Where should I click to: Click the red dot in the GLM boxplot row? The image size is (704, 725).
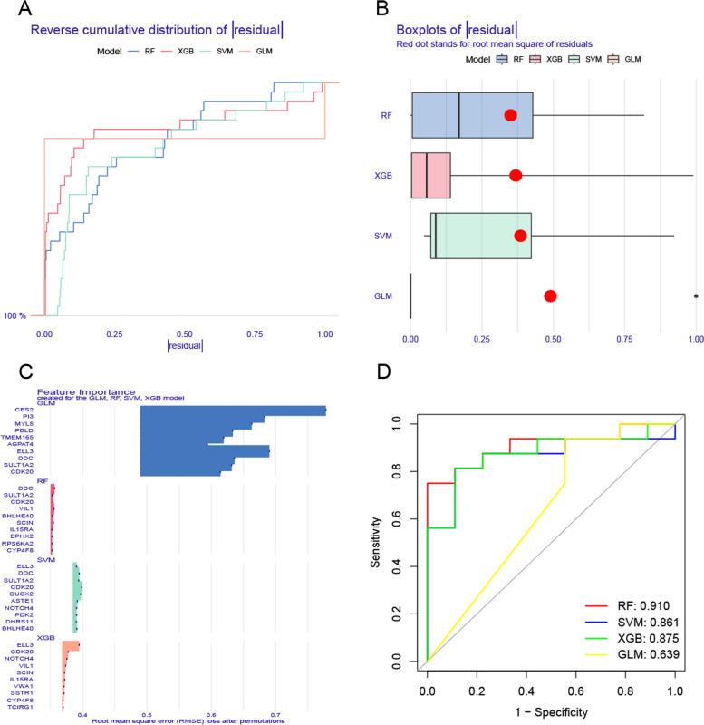[550, 295]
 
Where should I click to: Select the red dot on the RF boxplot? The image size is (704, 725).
[511, 115]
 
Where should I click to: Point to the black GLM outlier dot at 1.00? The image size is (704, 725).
[696, 295]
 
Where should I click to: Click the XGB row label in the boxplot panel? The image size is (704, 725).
[382, 175]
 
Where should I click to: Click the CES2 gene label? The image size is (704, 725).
[24, 409]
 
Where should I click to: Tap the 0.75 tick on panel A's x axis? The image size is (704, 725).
[257, 333]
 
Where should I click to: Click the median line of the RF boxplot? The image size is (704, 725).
[458, 115]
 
